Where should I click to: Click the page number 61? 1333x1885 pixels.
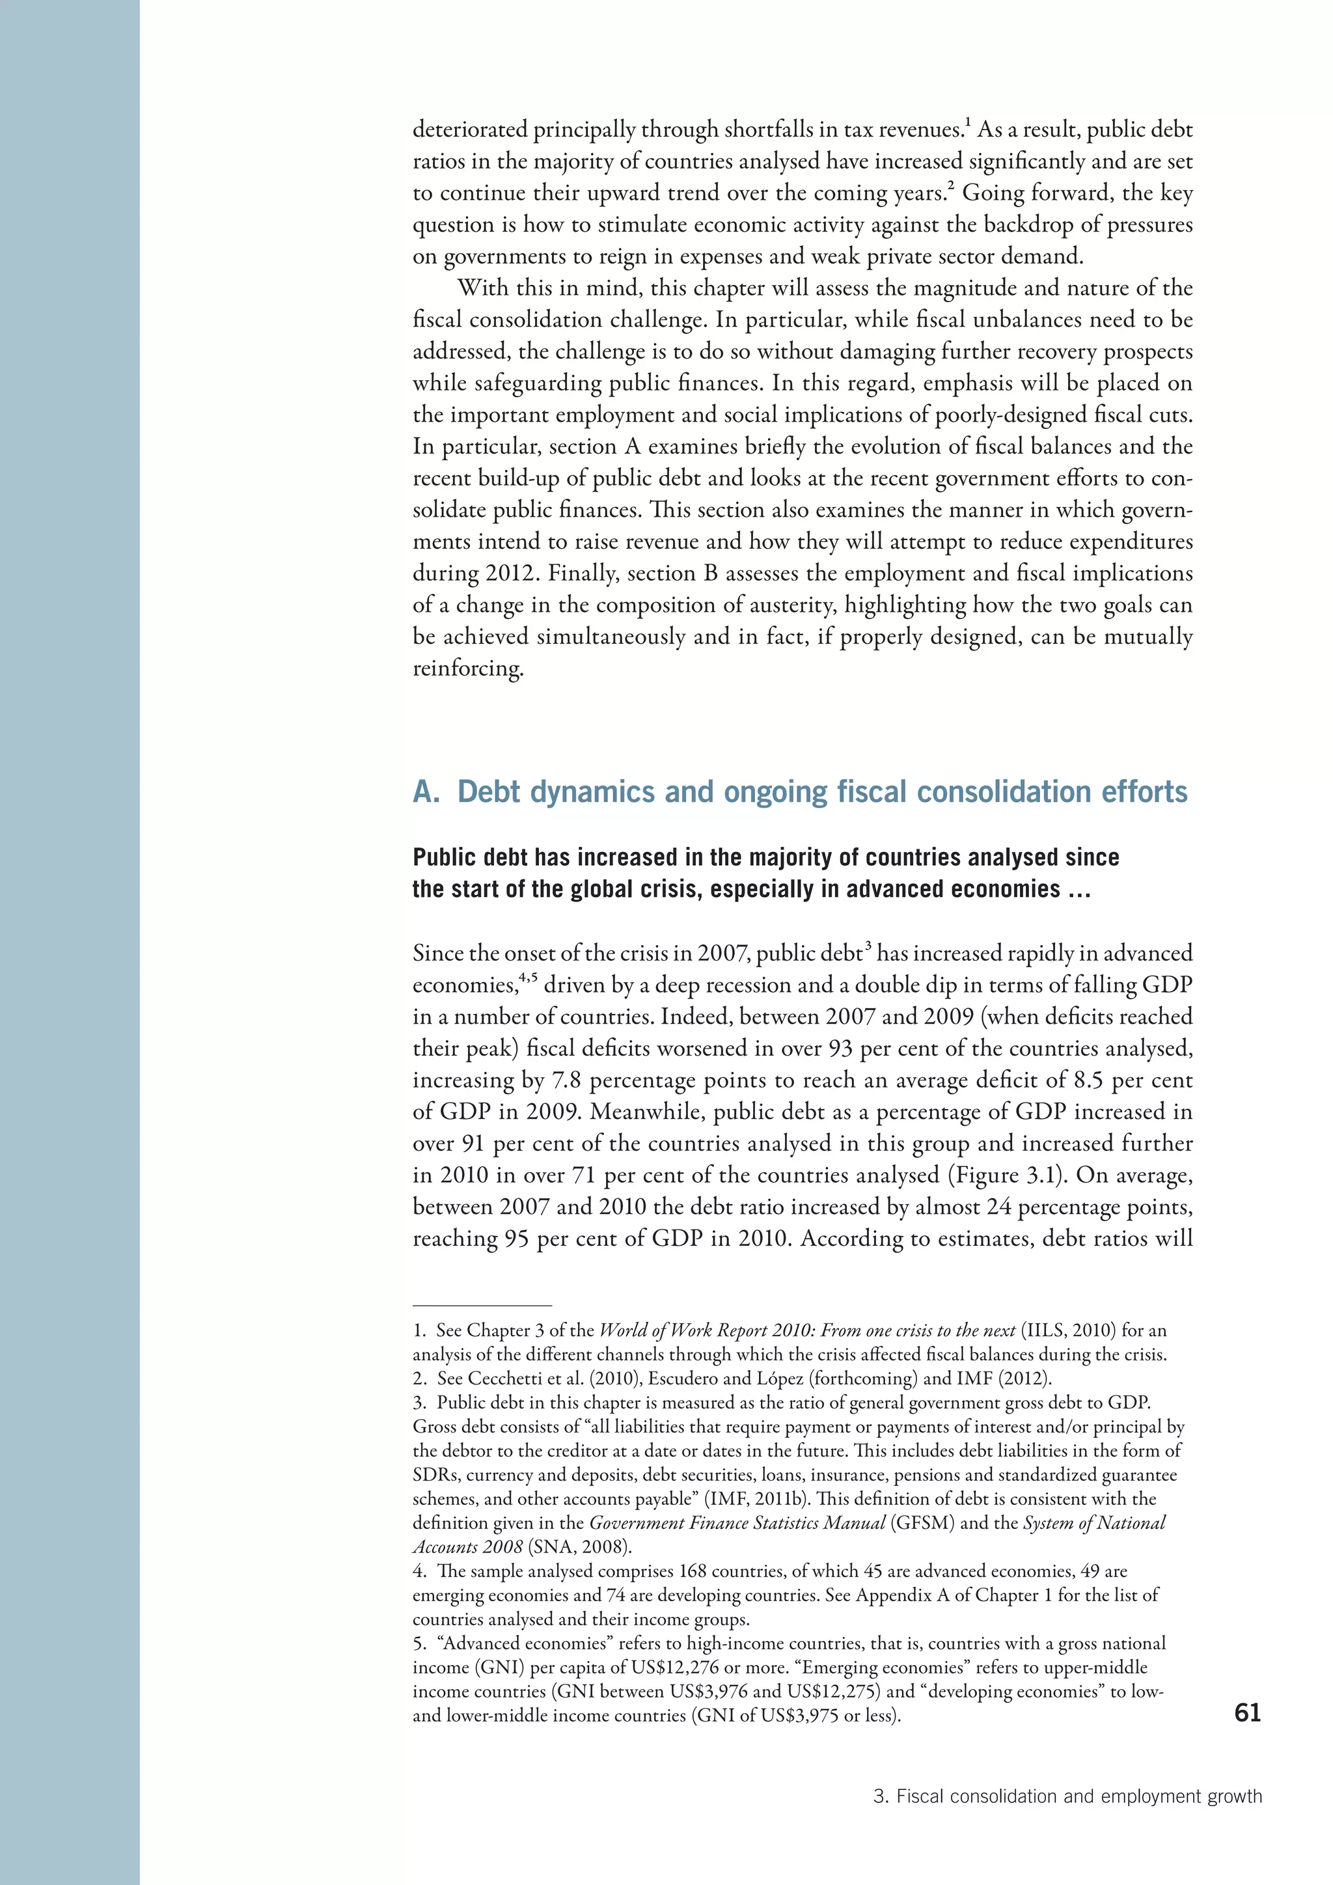(x=1247, y=1713)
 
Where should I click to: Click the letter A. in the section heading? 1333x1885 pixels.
(x=427, y=792)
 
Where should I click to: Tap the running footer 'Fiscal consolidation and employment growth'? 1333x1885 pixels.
(x=1079, y=1796)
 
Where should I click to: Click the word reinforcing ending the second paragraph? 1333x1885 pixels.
(x=467, y=668)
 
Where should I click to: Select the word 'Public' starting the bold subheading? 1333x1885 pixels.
(x=441, y=858)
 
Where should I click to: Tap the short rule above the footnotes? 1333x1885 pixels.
(x=482, y=1304)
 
